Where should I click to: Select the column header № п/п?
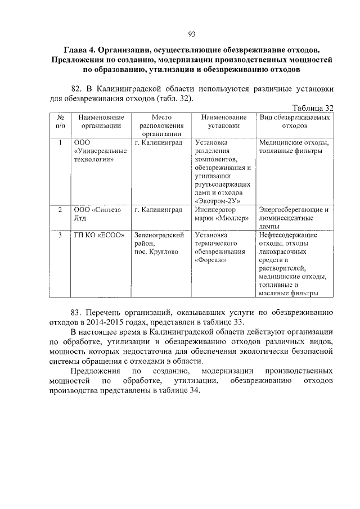(60, 121)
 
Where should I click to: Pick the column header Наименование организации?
(101, 121)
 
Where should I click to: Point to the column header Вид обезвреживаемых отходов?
(294, 121)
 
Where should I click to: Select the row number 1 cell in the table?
(60, 143)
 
